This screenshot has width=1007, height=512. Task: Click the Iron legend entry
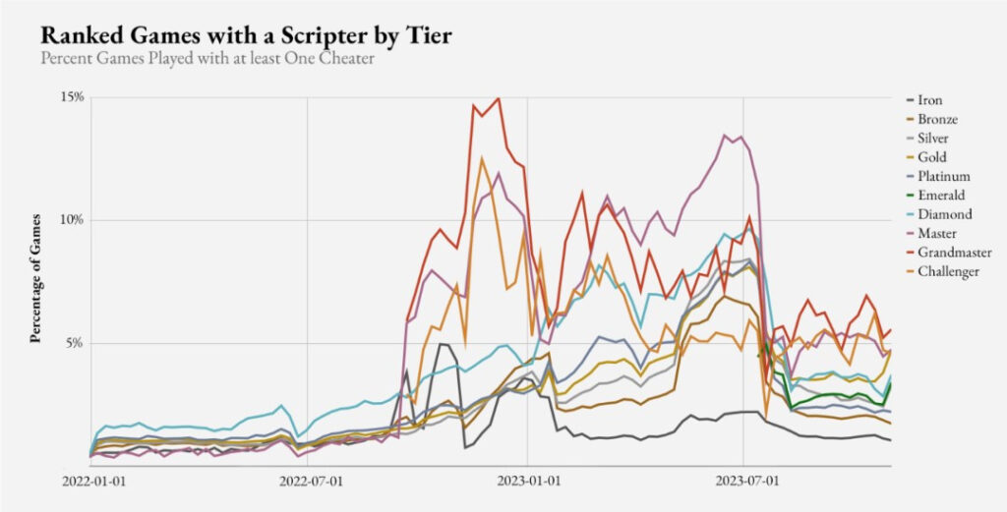point(929,100)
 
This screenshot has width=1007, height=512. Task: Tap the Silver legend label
point(933,139)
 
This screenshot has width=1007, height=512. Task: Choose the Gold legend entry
point(931,157)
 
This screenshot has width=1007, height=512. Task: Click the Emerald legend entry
point(939,196)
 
